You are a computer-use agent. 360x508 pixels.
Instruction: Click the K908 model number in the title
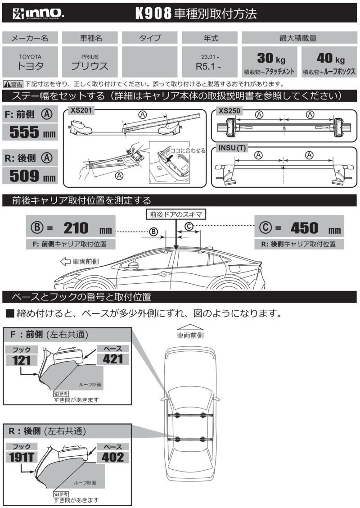pos(154,14)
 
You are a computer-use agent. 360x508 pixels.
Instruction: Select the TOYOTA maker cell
pos(30,61)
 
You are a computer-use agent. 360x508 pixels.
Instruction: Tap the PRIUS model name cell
pos(90,61)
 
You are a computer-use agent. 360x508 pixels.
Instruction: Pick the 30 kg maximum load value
pos(269,58)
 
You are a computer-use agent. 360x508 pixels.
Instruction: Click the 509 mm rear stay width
pos(30,175)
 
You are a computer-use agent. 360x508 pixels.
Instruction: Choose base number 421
pos(113,358)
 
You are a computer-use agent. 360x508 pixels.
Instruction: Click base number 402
pos(113,457)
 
